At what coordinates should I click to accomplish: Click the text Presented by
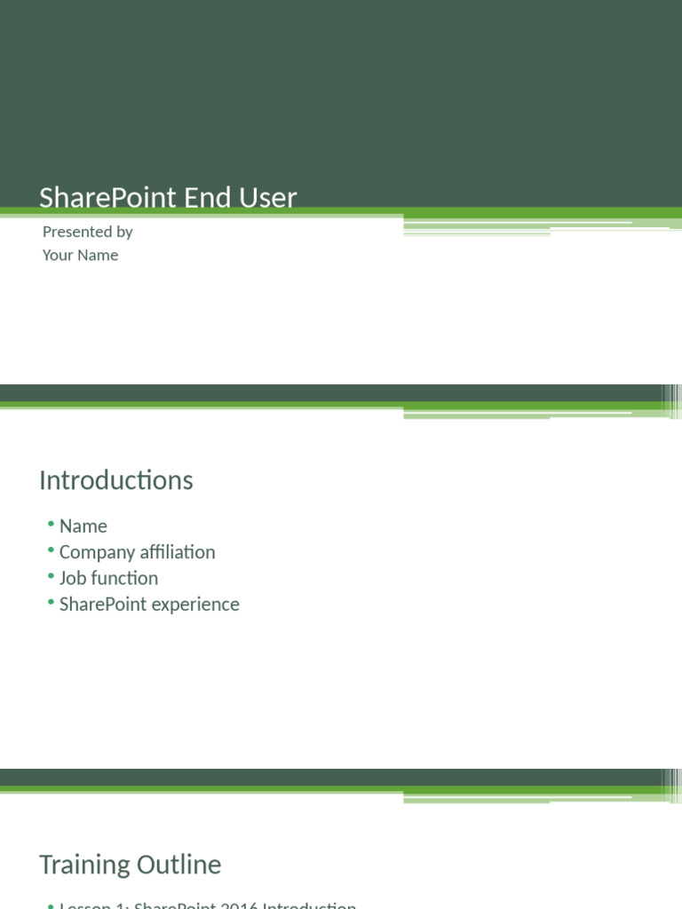coord(87,232)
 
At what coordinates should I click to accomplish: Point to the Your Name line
coord(80,255)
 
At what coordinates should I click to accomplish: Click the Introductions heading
coord(115,480)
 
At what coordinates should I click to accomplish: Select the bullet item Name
coord(83,526)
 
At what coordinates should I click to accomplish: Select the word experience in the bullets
coord(197,604)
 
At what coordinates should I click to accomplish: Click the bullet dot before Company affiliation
coord(52,551)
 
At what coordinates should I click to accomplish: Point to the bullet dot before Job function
coord(52,577)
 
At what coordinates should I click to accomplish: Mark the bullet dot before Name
coord(52,526)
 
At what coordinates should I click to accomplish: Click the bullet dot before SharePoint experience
coord(52,603)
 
